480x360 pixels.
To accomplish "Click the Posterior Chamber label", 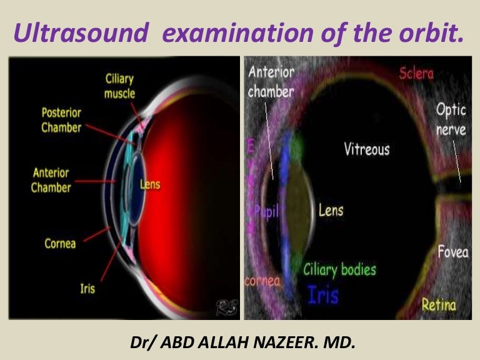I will pos(61,120).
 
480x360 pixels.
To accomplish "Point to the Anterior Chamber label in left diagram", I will pos(51,179).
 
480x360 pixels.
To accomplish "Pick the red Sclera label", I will pos(416,73).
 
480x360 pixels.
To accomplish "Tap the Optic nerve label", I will pos(451,119).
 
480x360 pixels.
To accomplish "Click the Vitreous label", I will pos(366,149).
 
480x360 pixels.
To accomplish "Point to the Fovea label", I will pos(452,252).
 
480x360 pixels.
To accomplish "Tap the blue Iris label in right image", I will pos(324,295).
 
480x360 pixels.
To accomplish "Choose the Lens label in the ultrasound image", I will pos(331,210).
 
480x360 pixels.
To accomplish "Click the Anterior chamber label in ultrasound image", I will pos(271,81).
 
